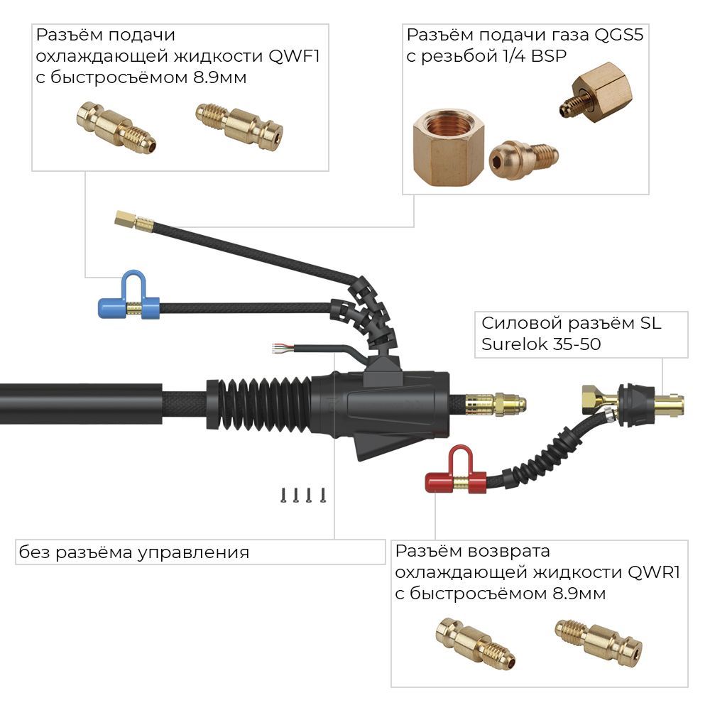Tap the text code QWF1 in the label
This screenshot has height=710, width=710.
[x=294, y=56]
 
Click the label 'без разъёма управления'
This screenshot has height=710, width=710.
[x=135, y=552]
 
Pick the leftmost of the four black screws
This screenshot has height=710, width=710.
[x=282, y=495]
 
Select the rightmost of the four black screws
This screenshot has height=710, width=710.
[x=323, y=495]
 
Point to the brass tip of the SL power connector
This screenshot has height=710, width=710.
[x=670, y=405]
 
